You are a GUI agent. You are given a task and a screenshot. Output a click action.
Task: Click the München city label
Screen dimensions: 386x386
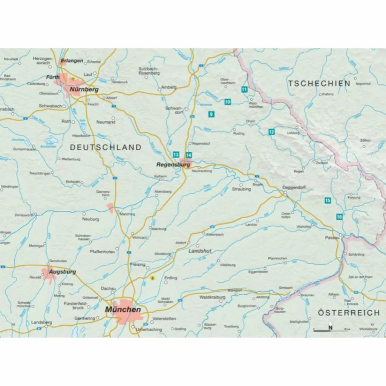pyautogui.click(x=123, y=309)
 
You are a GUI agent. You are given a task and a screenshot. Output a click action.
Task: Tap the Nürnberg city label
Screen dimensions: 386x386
pyautogui.click(x=84, y=90)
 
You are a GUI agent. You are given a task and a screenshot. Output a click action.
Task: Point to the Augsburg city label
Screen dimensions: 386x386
pyautogui.click(x=64, y=271)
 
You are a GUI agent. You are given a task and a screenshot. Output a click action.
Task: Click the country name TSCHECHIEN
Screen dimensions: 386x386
pyautogui.click(x=319, y=84)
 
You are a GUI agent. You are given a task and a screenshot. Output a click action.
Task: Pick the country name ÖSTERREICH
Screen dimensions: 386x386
pyautogui.click(x=348, y=313)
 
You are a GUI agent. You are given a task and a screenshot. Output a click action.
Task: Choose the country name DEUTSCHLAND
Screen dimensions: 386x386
pyautogui.click(x=106, y=147)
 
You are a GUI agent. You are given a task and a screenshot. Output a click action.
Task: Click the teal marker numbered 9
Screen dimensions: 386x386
pyautogui.click(x=211, y=114)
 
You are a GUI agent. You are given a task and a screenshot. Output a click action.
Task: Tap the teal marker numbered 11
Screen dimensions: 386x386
pyautogui.click(x=244, y=89)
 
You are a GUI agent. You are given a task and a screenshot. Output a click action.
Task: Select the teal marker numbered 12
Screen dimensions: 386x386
pyautogui.click(x=271, y=132)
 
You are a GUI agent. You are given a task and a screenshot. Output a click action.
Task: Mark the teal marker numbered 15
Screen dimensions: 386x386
pyautogui.click(x=328, y=200)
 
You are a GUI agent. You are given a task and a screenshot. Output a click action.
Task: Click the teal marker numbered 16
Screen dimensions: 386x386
pyautogui.click(x=339, y=217)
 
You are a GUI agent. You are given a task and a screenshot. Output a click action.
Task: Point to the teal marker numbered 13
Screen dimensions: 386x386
pyautogui.click(x=176, y=155)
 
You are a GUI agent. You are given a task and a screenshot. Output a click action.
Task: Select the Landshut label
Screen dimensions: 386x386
pyautogui.click(x=200, y=251)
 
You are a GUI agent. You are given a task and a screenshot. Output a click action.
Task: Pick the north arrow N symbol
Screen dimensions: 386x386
pyautogui.click(x=331, y=326)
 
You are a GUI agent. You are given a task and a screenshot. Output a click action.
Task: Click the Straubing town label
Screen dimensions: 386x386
pyautogui.click(x=241, y=189)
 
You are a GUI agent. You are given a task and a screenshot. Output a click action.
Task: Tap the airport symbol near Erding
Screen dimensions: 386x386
pyautogui.click(x=152, y=278)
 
